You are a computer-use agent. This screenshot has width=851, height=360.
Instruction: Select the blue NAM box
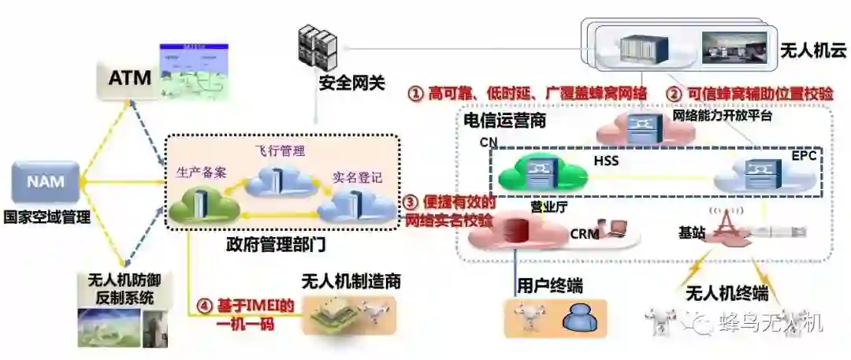(46, 182)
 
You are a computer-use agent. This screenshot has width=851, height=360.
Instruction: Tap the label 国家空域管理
(46, 217)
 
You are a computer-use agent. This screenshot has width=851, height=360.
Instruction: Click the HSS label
(605, 161)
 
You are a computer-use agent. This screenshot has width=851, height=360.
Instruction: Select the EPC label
(803, 156)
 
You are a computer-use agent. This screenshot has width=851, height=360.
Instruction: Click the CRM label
(584, 233)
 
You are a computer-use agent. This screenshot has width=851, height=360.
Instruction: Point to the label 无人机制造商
(351, 281)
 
